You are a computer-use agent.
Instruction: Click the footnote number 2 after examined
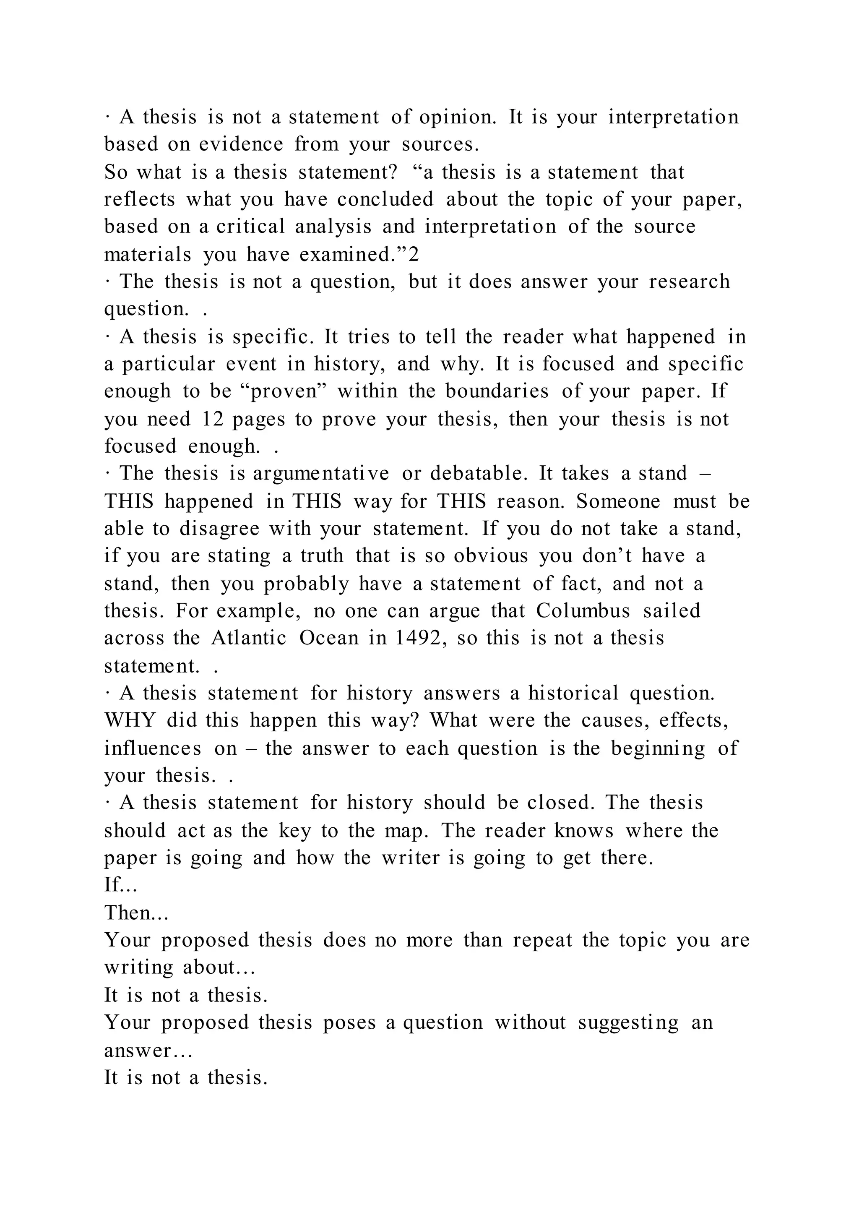pyautogui.click(x=414, y=255)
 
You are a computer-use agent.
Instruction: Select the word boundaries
pyautogui.click(x=497, y=391)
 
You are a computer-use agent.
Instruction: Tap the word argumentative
pyautogui.click(x=321, y=474)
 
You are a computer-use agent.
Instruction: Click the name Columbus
pyautogui.click(x=583, y=611)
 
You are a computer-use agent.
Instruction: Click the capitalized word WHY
pyautogui.click(x=130, y=720)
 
